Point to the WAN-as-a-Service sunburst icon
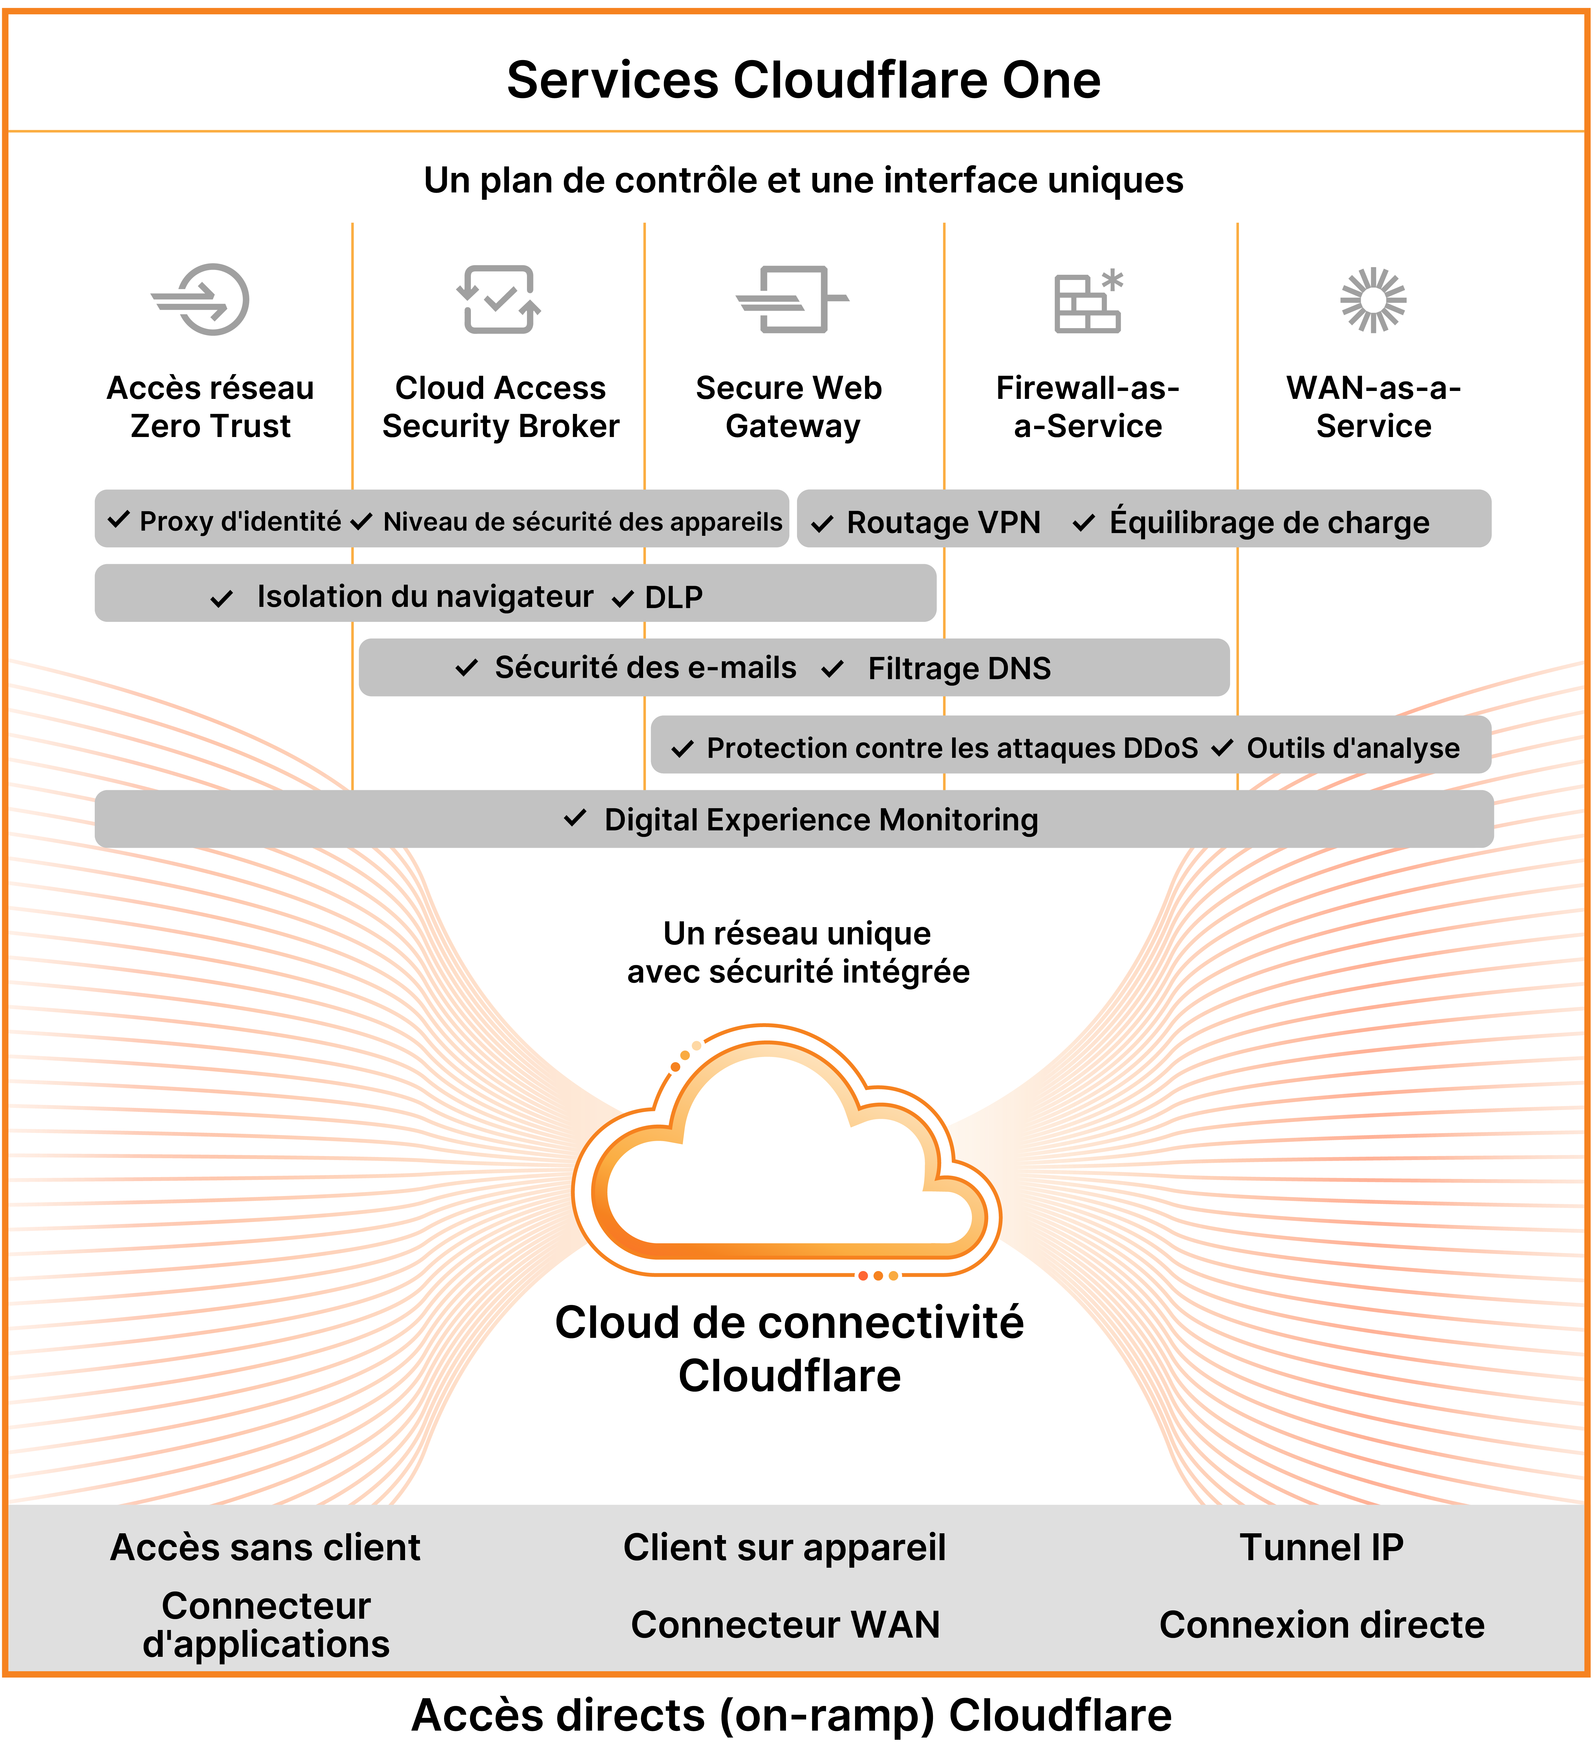pos(1373,299)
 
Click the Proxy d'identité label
pos(240,521)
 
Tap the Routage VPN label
pos(943,522)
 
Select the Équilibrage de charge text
pos(1268,522)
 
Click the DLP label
pos(674,597)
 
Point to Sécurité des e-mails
pos(645,668)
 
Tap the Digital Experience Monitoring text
pos(820,820)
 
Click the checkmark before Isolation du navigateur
pos(222,599)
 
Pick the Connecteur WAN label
pos(785,1624)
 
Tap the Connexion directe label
pos(1321,1624)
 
